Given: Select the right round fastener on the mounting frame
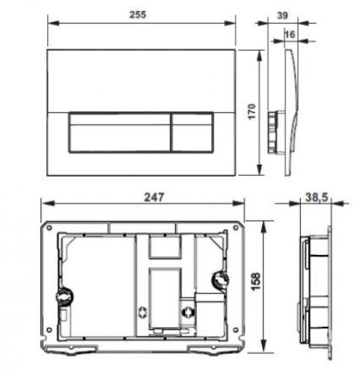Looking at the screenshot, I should pyautogui.click(x=220, y=280).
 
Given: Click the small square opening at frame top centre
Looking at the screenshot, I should pyautogui.click(x=165, y=248).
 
